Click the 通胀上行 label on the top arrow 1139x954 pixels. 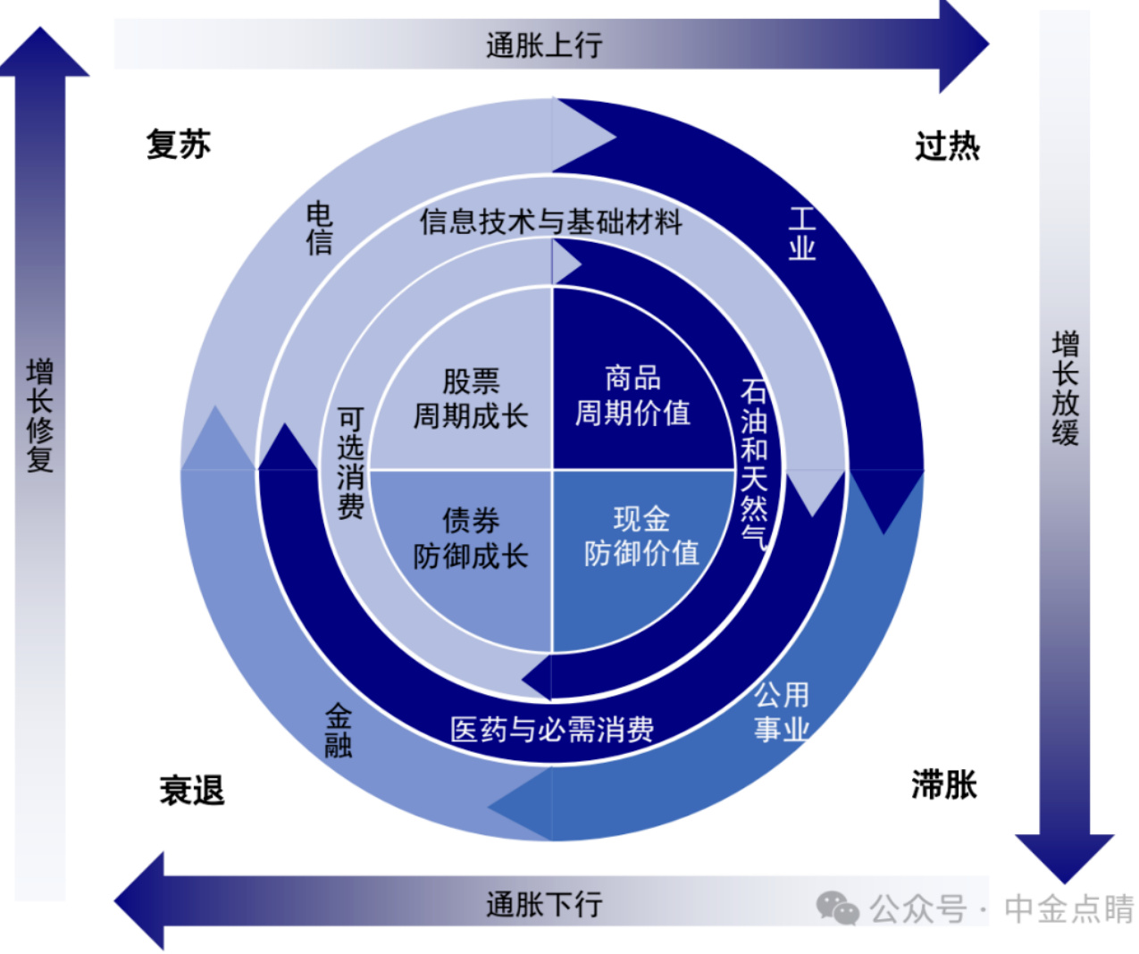tap(544, 45)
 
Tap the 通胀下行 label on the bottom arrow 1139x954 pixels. tap(544, 905)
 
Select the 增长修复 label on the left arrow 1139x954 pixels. tap(40, 415)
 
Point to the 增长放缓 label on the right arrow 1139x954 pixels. tap(1065, 388)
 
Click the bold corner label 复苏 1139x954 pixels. tap(178, 144)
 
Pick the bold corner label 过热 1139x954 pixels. tap(947, 146)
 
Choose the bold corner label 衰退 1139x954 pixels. tap(192, 791)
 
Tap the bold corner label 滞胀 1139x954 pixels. tap(943, 785)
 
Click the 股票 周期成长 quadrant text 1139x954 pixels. tap(471, 398)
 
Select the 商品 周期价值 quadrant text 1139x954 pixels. tap(632, 395)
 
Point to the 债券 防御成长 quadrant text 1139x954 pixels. tap(471, 538)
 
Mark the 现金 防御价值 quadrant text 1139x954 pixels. tap(641, 535)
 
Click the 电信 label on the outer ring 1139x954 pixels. tap(319, 228)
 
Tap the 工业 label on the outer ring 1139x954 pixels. tap(802, 233)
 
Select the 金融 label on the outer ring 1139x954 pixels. tap(339, 731)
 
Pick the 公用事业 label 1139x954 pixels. tap(781, 712)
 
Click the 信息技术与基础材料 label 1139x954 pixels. tap(551, 222)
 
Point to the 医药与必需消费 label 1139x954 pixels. tap(552, 729)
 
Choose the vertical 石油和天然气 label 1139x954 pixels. tap(754, 464)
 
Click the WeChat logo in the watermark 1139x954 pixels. tap(837, 908)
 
